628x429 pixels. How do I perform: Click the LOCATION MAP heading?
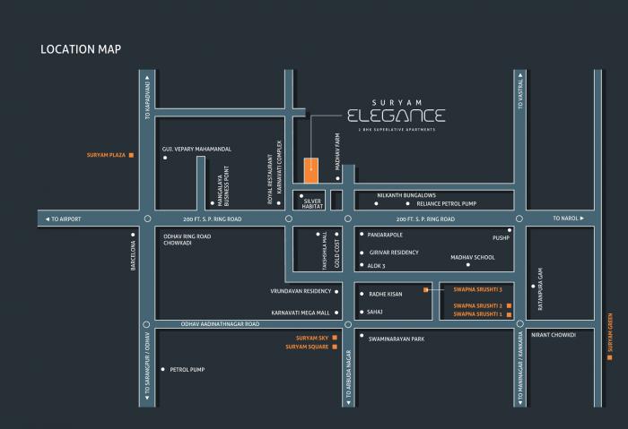tap(81, 48)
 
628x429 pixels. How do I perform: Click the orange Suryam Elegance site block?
tap(310, 168)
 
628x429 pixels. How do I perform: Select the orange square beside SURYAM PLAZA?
tap(131, 155)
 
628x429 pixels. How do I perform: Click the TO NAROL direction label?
tap(568, 219)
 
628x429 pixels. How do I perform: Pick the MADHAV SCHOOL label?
tap(473, 257)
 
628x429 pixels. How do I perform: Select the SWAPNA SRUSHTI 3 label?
tap(476, 289)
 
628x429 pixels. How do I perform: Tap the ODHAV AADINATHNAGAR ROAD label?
tap(220, 323)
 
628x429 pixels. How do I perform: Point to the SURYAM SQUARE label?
tap(308, 346)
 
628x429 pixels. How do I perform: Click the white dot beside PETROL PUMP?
tap(161, 369)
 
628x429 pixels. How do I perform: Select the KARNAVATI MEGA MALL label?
tap(300, 313)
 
